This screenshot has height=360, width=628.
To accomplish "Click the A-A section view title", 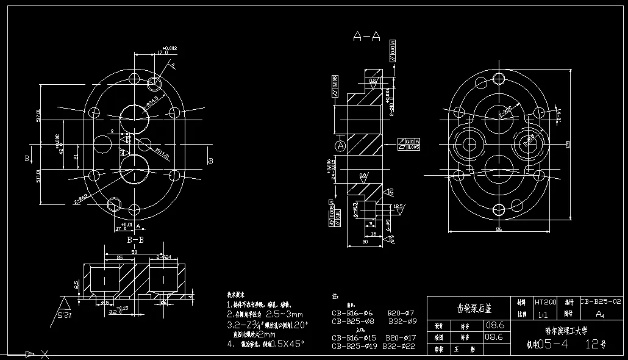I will (366, 37).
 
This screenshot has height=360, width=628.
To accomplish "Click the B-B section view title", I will (135, 240).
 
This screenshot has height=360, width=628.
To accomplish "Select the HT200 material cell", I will (546, 302).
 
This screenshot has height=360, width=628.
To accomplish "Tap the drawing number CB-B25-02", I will (601, 301).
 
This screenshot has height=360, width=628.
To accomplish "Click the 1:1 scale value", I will (542, 315).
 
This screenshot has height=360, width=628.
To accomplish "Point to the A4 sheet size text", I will (600, 314).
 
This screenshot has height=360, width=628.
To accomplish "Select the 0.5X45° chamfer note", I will (283, 344).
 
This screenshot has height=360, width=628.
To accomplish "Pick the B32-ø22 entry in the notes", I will (399, 347).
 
